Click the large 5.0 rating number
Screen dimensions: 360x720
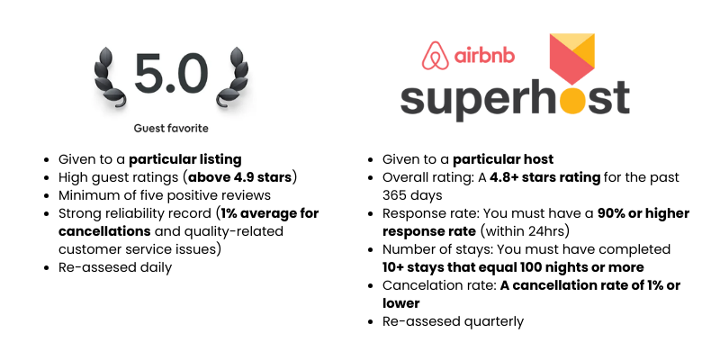pyautogui.click(x=171, y=74)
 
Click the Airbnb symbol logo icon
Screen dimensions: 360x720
pyautogui.click(x=436, y=54)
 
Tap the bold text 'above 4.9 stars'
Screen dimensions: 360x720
pyautogui.click(x=239, y=177)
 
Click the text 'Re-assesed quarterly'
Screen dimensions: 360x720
pyautogui.click(x=453, y=321)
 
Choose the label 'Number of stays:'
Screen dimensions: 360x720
pyautogui.click(x=438, y=249)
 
